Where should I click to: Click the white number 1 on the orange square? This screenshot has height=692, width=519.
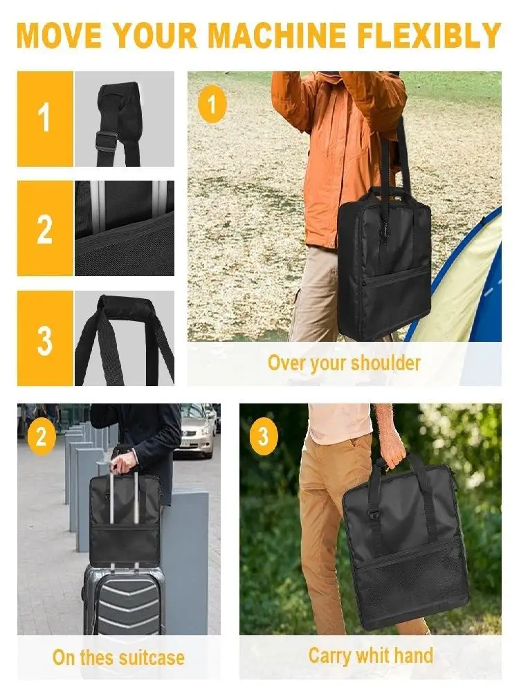(45, 118)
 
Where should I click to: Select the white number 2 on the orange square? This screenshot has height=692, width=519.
(45, 228)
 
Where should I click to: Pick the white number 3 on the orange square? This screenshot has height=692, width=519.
(45, 338)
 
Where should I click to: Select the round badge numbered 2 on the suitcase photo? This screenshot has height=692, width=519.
(42, 437)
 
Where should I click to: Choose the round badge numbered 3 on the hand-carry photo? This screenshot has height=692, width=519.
(263, 437)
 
